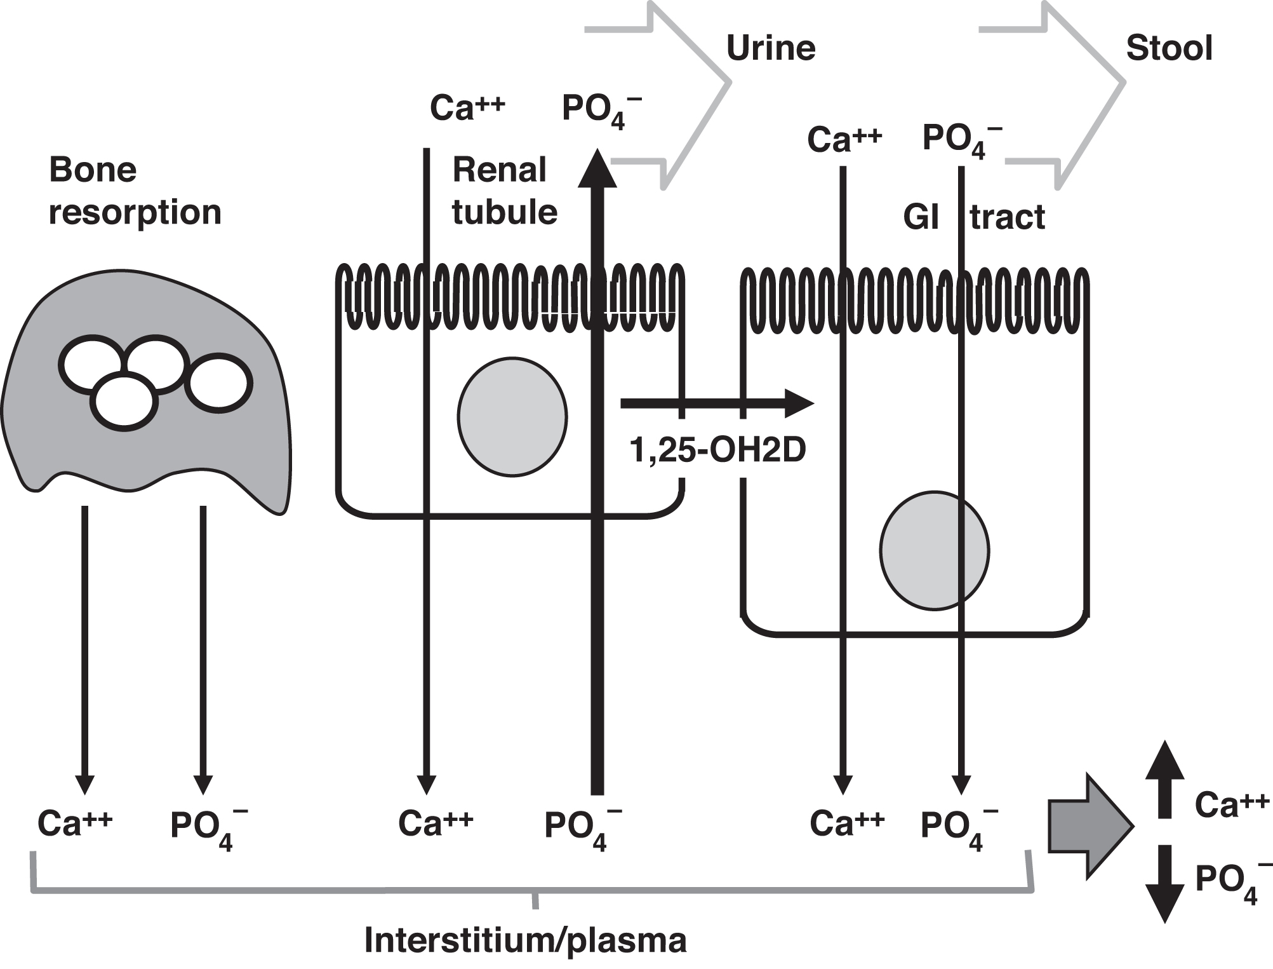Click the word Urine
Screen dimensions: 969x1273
770,48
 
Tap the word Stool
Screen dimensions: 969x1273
1169,48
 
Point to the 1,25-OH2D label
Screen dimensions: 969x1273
717,450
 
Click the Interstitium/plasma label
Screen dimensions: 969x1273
525,940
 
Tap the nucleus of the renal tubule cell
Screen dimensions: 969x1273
512,417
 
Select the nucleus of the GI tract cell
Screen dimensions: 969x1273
934,550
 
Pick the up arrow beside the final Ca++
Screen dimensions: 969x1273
1164,778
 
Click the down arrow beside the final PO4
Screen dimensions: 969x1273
1164,883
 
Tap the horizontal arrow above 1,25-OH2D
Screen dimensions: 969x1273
717,403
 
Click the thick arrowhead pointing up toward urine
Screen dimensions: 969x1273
597,168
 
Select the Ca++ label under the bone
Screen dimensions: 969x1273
75,823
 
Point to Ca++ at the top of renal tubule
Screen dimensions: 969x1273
467,107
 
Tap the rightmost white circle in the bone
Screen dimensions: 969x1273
218,383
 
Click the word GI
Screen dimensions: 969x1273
921,218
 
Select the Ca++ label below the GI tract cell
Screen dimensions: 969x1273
847,823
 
